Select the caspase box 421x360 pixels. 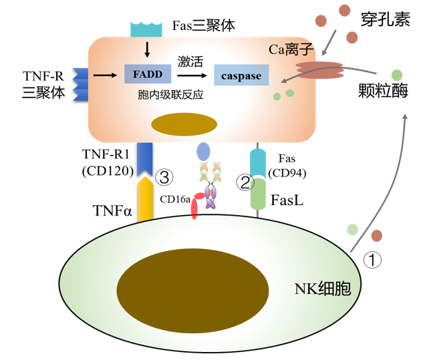click(241, 75)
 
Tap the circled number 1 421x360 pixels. click(373, 259)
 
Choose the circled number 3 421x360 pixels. click(164, 178)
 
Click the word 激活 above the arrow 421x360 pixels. click(190, 61)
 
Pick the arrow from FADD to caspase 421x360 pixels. click(190, 75)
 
